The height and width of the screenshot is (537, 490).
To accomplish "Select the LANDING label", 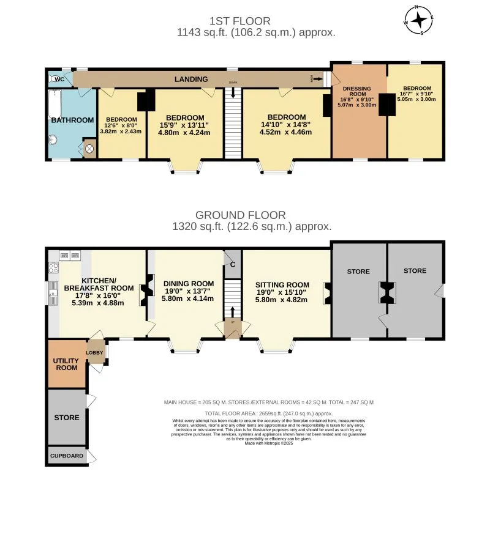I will click(x=191, y=80).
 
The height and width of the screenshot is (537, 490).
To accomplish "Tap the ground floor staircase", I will click(x=232, y=300).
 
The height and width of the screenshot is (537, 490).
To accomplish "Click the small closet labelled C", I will click(x=232, y=264).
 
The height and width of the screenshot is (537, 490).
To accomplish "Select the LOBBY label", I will click(x=94, y=353).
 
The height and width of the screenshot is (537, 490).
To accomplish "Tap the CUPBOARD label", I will click(x=66, y=456).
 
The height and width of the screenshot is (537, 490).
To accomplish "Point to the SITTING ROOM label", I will click(x=282, y=285).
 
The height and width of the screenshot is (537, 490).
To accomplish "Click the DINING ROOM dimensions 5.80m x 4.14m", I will click(x=188, y=298).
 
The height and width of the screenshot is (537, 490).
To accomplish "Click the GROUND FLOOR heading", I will click(x=241, y=215).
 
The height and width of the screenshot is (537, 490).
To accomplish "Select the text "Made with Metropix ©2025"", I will click(x=269, y=443).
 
